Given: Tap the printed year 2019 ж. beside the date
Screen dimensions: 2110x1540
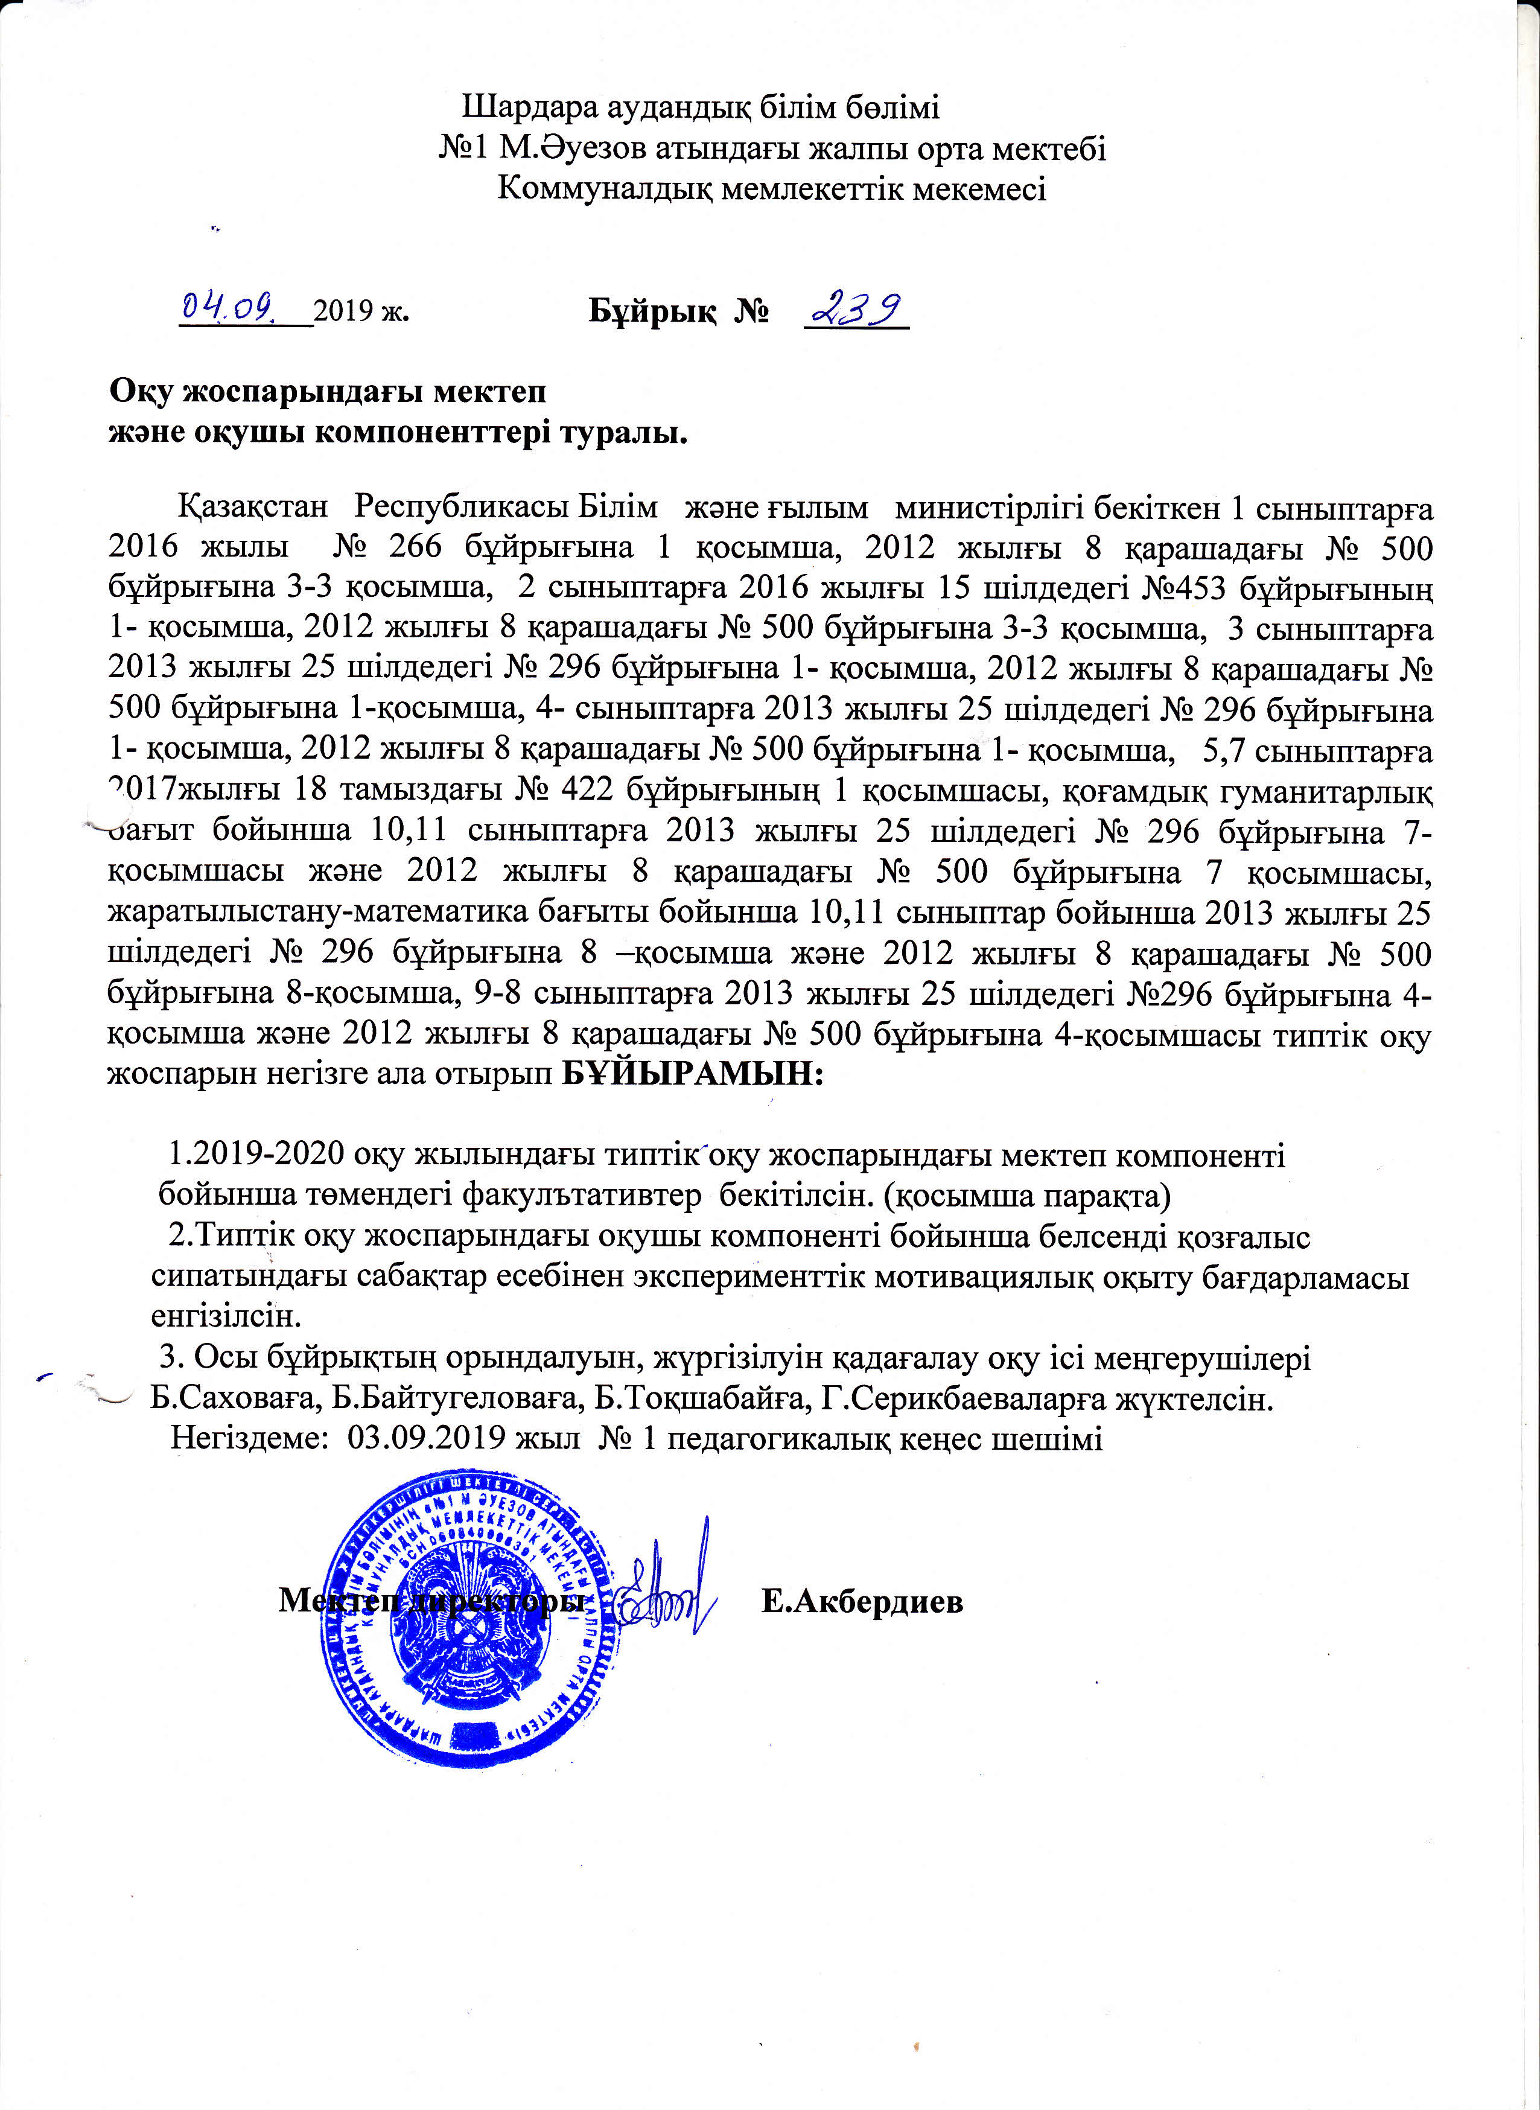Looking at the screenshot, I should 361,310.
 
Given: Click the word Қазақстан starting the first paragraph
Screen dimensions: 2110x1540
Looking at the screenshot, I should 253,507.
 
